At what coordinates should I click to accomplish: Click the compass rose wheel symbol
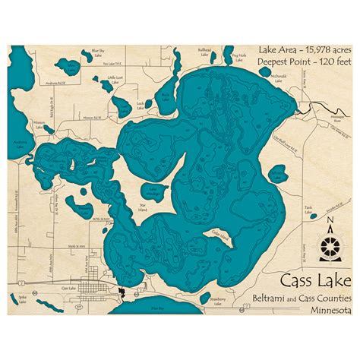click(x=327, y=244)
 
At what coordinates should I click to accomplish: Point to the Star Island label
click(x=138, y=204)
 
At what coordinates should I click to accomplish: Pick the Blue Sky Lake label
click(x=97, y=52)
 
